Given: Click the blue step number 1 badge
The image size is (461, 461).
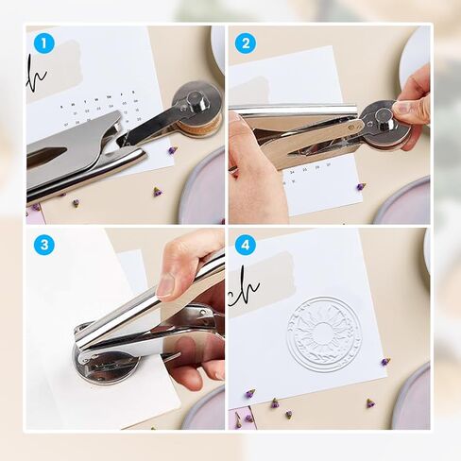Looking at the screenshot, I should point(43,43).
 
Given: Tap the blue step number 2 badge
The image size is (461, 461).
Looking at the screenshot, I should point(246,43).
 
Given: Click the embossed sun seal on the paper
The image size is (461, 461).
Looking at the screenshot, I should point(324,333).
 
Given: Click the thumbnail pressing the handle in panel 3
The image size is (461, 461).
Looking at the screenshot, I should point(167,284).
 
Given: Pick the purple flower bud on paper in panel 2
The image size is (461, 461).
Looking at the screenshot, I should point(361,186).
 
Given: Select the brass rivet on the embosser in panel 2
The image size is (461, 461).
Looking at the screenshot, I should point(359,123).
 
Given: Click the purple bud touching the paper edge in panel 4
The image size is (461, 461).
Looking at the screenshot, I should point(384,362).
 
